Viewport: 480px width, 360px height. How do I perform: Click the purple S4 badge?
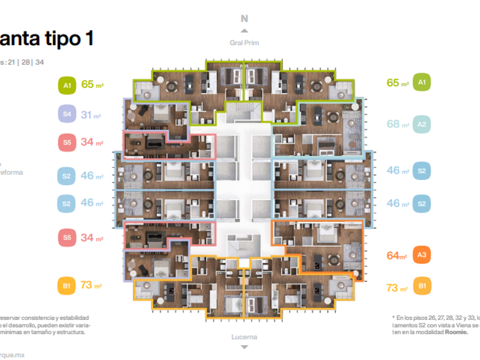coord(67,114)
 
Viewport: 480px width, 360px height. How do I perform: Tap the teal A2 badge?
coord(422,124)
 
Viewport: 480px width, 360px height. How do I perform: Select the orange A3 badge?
coord(422,255)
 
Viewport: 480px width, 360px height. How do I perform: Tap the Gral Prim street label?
coord(244,43)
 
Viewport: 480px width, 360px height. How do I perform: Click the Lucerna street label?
coord(244,337)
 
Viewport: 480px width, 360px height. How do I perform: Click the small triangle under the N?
coord(245,31)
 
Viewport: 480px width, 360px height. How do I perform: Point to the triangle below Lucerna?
coord(245,347)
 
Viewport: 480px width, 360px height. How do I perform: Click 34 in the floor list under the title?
coord(39,62)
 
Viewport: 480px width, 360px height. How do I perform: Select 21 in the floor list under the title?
coord(11,62)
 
